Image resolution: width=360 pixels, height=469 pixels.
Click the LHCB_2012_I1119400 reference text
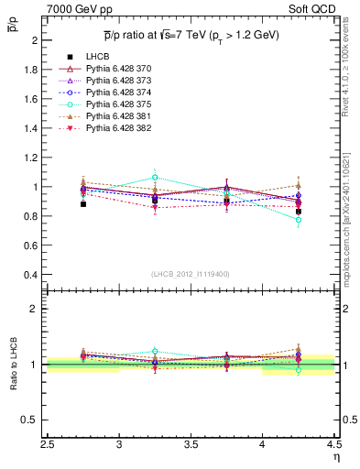tap(191, 274)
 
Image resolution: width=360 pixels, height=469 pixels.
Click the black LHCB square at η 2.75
tap(83, 204)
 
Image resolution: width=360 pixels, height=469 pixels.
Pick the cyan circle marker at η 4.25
tap(299, 220)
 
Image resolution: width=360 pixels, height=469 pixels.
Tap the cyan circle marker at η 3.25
tap(155, 177)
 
